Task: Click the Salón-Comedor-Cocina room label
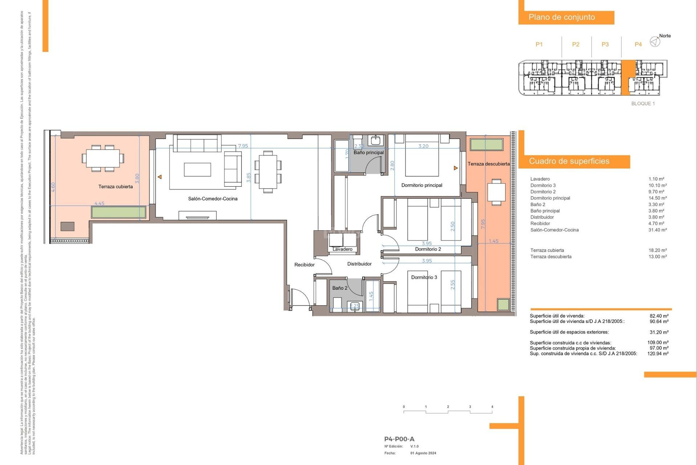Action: pos(213,199)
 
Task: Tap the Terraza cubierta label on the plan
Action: pos(115,187)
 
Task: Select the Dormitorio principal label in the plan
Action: pos(421,185)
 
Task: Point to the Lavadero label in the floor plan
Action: pos(342,249)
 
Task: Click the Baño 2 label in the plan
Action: pos(340,288)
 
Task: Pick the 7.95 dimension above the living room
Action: pos(243,146)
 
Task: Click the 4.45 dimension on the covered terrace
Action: pos(99,203)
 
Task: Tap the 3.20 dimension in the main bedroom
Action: pos(423,146)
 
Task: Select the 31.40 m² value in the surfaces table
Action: pos(657,230)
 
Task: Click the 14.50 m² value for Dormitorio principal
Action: pos(657,198)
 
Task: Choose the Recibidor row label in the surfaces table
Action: pos(540,224)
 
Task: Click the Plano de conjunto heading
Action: pos(562,17)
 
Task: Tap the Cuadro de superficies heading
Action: pos(569,161)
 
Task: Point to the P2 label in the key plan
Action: pos(576,44)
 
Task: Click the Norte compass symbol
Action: pos(655,42)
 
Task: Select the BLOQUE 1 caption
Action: pos(643,104)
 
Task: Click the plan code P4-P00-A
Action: pos(399,439)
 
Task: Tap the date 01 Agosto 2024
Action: pos(423,453)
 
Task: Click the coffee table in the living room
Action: pos(197,170)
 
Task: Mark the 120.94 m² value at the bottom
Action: pos(658,353)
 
